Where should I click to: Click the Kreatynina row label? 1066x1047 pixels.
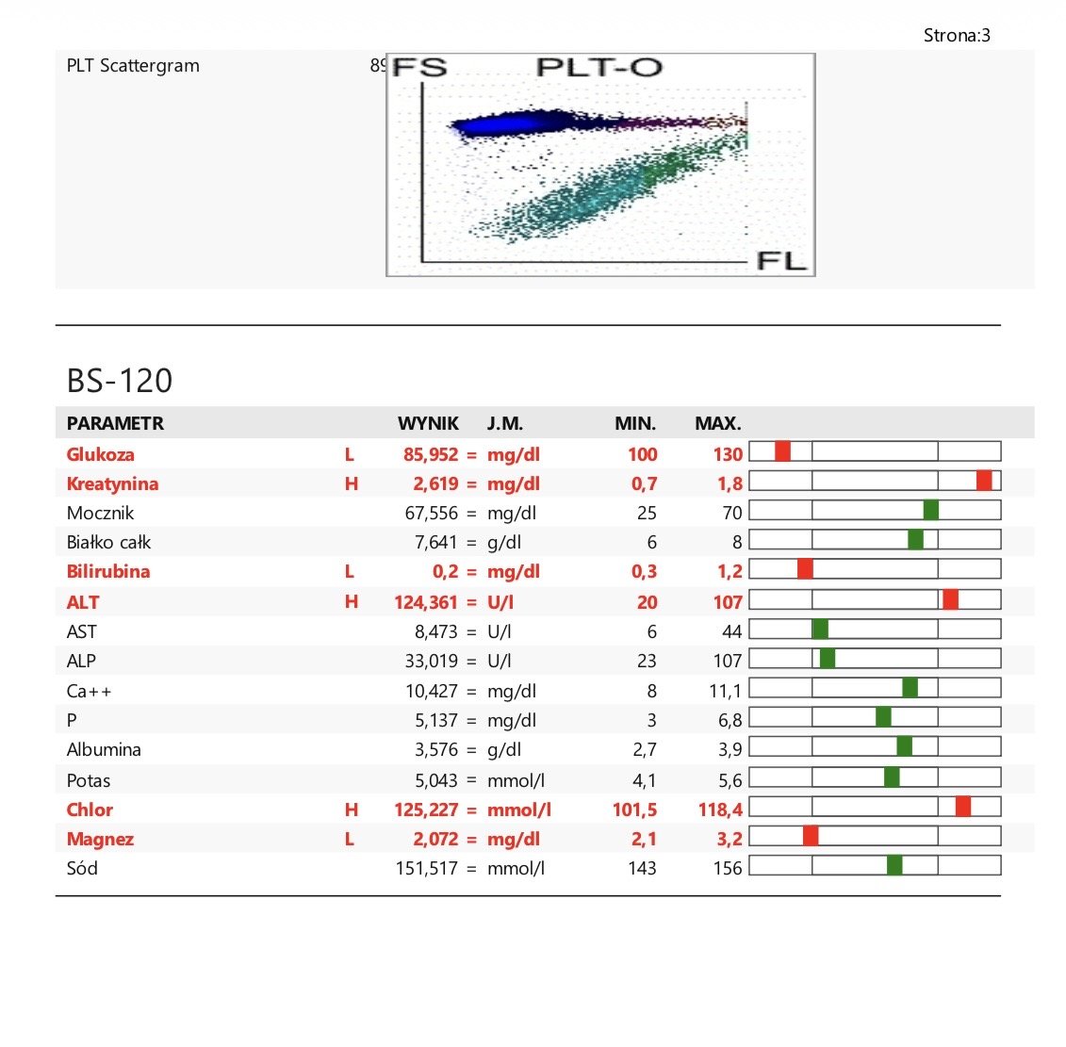pos(112,483)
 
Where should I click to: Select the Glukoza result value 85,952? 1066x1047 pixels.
pos(431,454)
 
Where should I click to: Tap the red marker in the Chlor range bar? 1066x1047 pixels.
pos(962,807)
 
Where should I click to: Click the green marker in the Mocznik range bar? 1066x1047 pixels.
pos(930,510)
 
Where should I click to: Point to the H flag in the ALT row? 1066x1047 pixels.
pos(351,601)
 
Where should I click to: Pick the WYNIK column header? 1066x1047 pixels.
pos(428,423)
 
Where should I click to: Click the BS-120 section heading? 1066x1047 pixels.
pos(120,380)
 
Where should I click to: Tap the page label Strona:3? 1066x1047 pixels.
pos(957,36)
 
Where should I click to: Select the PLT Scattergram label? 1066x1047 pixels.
pos(133,66)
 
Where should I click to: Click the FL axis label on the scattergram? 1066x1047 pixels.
pos(781,260)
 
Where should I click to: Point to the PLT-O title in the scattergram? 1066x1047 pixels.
pos(599,67)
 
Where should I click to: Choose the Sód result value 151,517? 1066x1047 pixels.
pos(427,868)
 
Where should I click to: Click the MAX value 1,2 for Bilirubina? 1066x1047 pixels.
pos(730,571)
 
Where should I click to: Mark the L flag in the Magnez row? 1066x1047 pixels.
pos(350,839)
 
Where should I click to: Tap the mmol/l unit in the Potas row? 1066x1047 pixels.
pos(516,780)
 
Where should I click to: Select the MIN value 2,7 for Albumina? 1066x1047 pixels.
pos(645,749)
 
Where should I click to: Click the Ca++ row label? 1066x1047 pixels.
pos(89,692)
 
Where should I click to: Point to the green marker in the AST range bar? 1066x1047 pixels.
pos(820,629)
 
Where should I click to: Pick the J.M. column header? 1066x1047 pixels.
pos(505,423)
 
